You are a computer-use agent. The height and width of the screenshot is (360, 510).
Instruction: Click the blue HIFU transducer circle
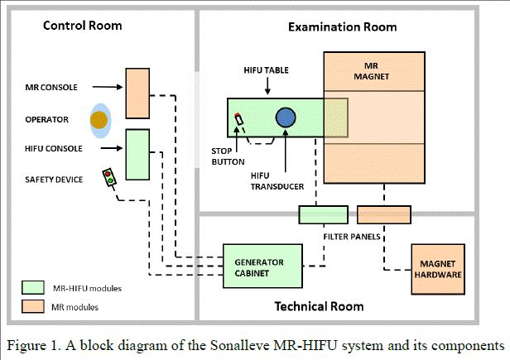[x=286, y=118]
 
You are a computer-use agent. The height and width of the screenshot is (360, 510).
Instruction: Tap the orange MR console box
[x=137, y=94]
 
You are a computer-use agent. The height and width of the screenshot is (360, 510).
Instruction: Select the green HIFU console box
[x=137, y=155]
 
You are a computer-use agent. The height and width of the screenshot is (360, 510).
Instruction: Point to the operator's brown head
[x=99, y=120]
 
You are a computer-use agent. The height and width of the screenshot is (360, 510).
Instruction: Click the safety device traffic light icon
[x=109, y=177]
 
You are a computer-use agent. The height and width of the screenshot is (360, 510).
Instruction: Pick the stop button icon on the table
[x=238, y=119]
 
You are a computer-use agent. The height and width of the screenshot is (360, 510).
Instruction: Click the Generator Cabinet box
[x=262, y=266]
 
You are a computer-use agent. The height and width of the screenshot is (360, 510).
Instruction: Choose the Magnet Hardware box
[x=438, y=270]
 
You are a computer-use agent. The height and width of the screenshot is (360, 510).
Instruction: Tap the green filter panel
[x=324, y=214]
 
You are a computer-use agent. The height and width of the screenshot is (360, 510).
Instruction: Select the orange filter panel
[x=384, y=214]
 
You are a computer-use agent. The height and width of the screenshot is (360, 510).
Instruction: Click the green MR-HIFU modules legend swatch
[x=33, y=287]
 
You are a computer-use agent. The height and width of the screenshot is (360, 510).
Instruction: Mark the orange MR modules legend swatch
[x=33, y=306]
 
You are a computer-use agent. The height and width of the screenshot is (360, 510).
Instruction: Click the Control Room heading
[x=83, y=26]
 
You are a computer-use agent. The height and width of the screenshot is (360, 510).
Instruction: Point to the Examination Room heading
[x=343, y=27]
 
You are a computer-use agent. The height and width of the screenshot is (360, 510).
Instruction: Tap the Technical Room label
[x=319, y=306]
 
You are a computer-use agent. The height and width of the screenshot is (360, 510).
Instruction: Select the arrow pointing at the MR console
[x=108, y=87]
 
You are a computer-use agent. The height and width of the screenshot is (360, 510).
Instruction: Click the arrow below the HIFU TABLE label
[x=267, y=86]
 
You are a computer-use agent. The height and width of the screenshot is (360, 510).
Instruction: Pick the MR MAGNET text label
[x=372, y=71]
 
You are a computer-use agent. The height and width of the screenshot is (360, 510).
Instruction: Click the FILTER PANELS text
[x=352, y=237]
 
